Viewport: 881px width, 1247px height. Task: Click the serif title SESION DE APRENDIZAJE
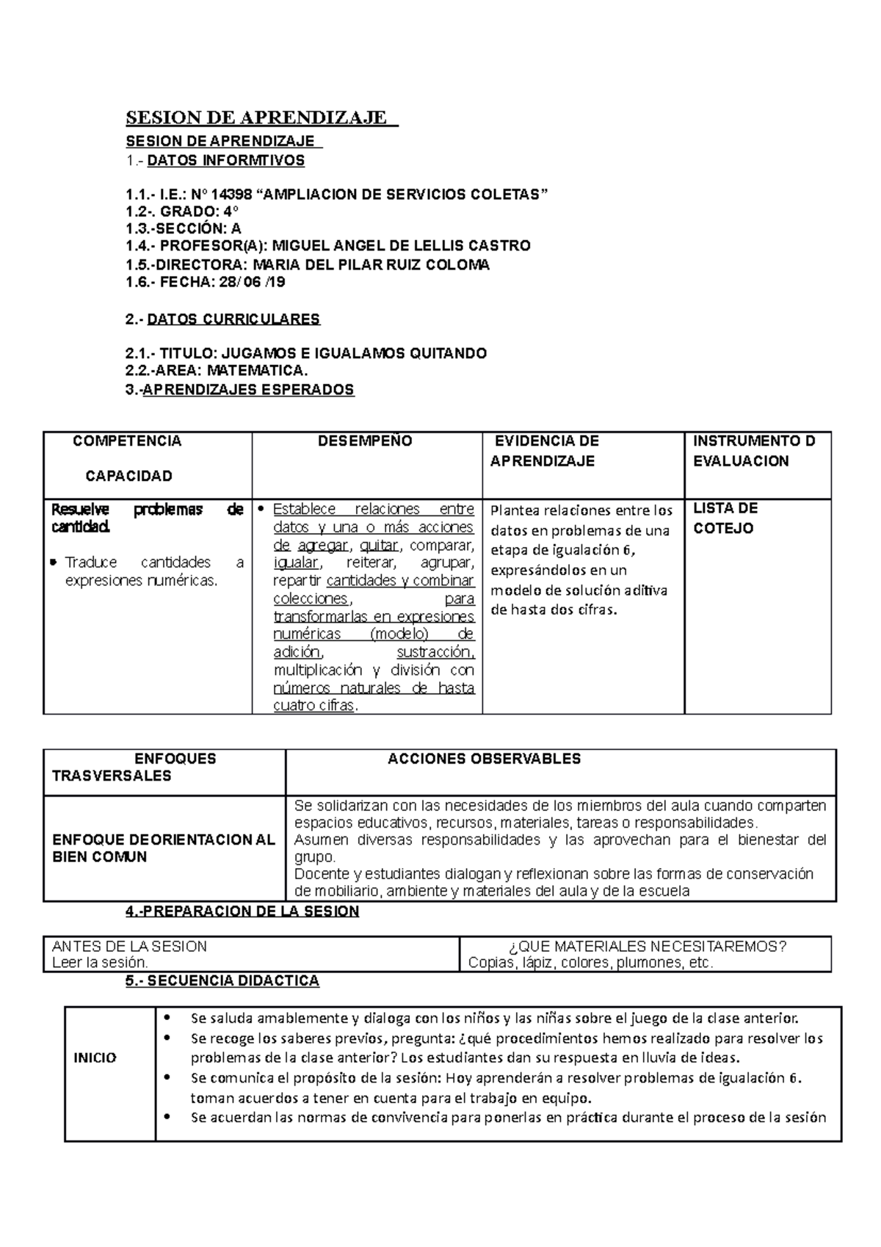tap(257, 118)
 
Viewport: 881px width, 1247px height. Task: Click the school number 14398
tap(232, 195)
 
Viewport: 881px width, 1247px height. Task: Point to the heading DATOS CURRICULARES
tap(233, 319)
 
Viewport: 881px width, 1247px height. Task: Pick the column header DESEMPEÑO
tap(365, 441)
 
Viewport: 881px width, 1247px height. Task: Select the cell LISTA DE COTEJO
tap(725, 518)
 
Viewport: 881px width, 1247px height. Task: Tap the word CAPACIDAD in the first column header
tap(128, 476)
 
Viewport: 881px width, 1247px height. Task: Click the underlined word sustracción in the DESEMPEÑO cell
tap(435, 652)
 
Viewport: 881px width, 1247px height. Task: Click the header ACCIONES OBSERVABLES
tap(484, 759)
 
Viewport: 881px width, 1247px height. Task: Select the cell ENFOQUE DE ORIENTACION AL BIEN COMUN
tap(163, 848)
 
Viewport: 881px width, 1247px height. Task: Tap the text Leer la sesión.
tap(100, 963)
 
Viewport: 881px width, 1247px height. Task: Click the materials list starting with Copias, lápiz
tap(590, 963)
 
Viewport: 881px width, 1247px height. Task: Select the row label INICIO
tap(95, 1058)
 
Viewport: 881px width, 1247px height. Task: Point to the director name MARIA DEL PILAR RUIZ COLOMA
tap(370, 264)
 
